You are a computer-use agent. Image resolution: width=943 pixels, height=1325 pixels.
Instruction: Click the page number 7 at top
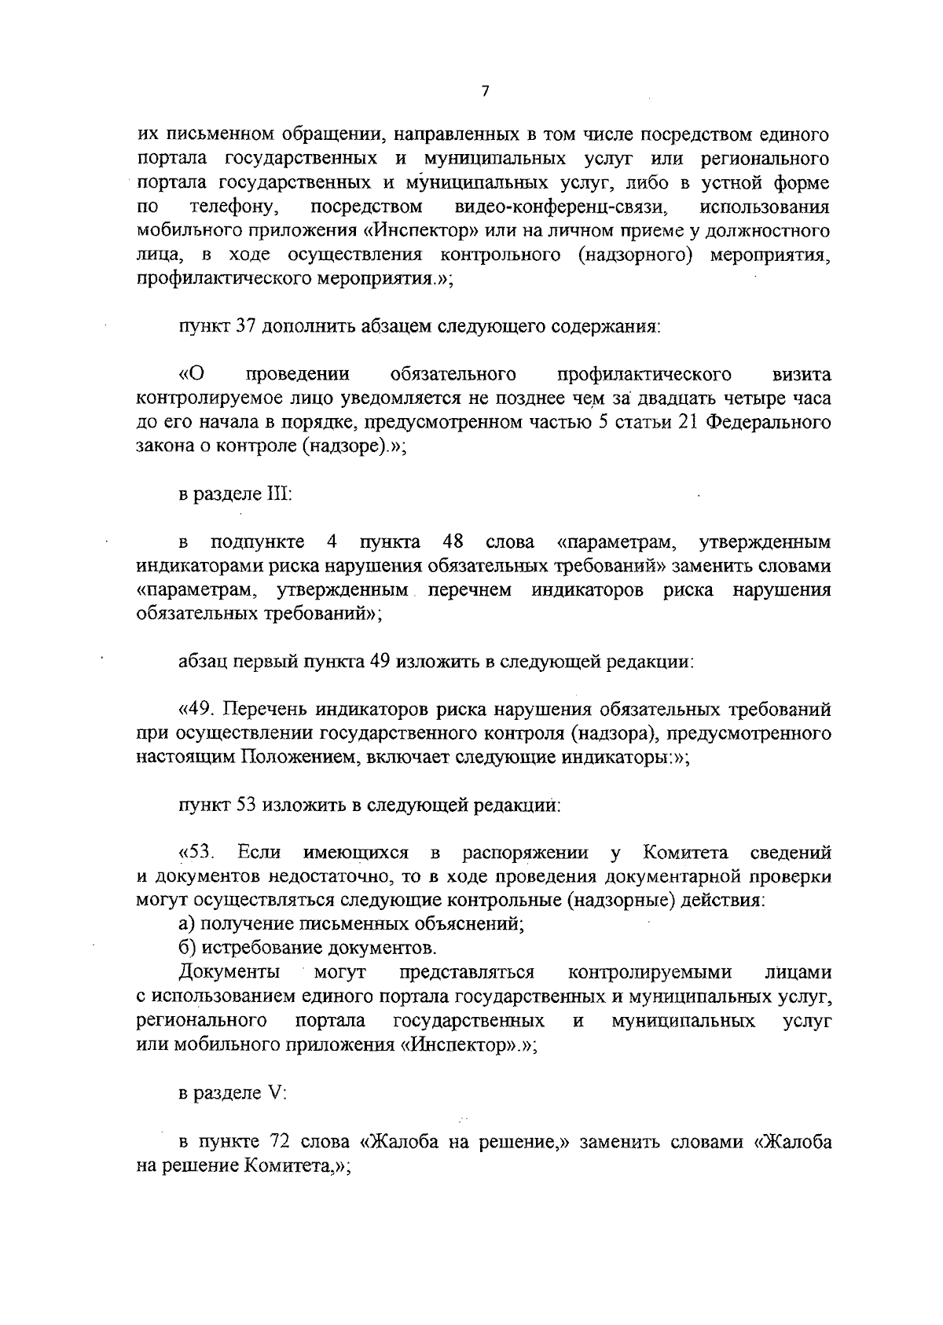(485, 91)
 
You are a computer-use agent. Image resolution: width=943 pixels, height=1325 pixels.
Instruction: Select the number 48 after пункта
(452, 541)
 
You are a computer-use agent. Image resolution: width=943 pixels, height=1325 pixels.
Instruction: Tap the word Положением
(297, 758)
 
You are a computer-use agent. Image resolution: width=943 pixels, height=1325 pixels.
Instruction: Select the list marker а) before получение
(186, 924)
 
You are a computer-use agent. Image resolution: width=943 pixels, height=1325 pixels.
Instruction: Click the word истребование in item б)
(258, 948)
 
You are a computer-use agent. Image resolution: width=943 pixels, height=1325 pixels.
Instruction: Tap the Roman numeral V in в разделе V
(266, 1092)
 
